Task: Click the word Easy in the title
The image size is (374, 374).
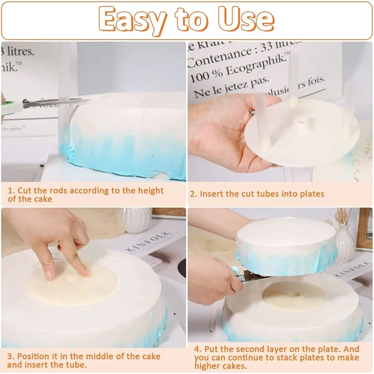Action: pos(133,21)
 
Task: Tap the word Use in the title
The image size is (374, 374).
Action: pos(246,21)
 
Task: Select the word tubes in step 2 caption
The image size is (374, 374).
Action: pos(267,194)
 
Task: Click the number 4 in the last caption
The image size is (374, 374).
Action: pos(198,349)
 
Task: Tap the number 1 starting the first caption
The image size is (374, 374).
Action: pos(10,191)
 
